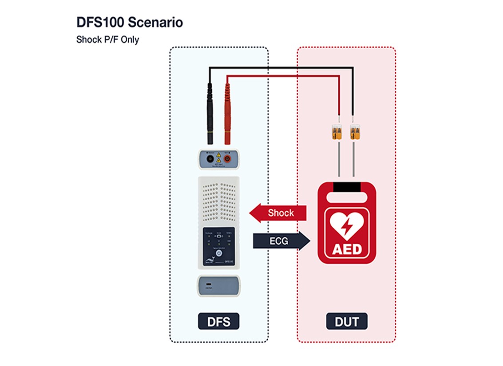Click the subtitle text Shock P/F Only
[107, 40]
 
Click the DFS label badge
[218, 322]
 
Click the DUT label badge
[347, 322]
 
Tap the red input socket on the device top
[227, 158]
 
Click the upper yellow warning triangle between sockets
[218, 156]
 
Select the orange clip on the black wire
[354, 132]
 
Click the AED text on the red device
[347, 249]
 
